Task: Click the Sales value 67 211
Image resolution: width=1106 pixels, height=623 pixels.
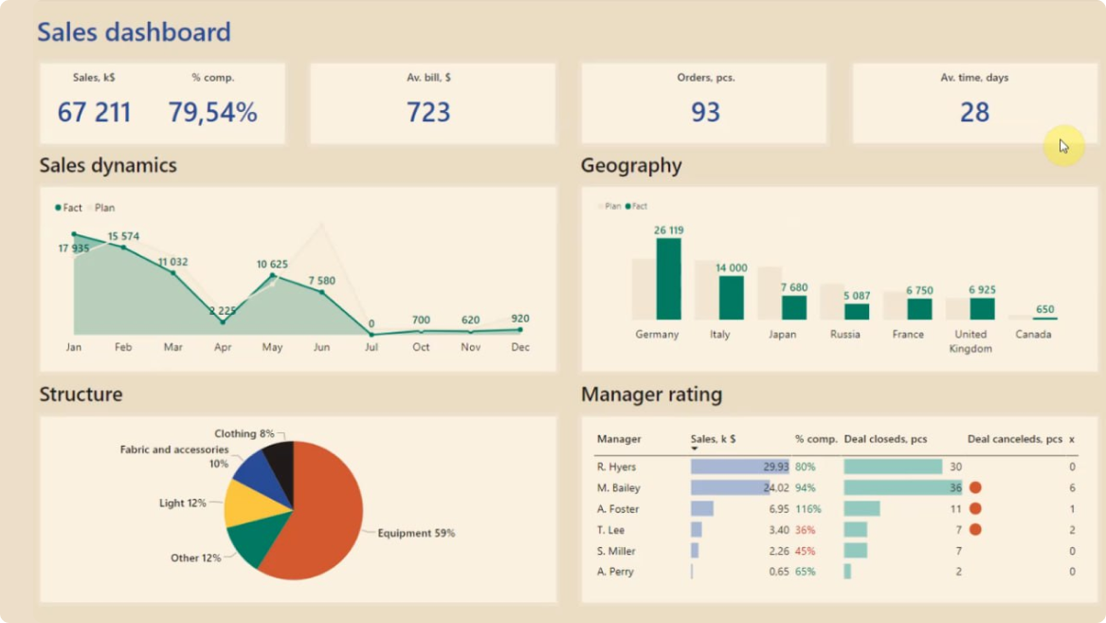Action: (94, 113)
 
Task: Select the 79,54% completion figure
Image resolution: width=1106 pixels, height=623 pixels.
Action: (212, 113)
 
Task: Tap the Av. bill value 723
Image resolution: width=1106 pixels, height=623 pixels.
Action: (428, 113)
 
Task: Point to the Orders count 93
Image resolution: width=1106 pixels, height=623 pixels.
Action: (705, 113)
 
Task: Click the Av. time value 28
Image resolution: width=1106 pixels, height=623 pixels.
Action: (974, 113)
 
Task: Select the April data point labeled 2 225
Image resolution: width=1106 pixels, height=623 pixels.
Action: (223, 321)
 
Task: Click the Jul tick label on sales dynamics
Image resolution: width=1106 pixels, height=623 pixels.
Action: (372, 347)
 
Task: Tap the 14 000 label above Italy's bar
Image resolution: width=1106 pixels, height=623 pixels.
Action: (731, 268)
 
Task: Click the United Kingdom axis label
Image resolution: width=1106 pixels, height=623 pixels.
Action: (970, 341)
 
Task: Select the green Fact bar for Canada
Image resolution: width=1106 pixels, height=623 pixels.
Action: (1044, 318)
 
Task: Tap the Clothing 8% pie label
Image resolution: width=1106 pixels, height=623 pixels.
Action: (244, 433)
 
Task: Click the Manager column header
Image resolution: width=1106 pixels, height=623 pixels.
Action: (618, 439)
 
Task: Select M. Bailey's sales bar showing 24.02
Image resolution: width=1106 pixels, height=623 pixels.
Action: (730, 487)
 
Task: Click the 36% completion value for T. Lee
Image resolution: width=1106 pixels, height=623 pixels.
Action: (805, 530)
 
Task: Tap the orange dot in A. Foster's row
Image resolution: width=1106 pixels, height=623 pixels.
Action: (974, 509)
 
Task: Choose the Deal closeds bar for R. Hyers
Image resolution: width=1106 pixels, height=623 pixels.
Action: (892, 467)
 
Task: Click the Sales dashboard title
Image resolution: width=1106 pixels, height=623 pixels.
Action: (134, 32)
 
